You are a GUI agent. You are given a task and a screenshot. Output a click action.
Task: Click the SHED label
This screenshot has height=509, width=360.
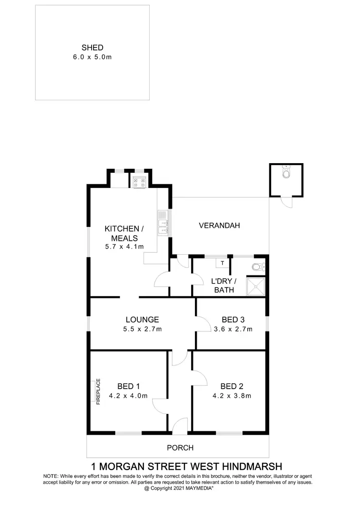(93, 47)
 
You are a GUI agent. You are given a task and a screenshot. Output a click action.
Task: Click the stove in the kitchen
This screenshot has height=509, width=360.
(140, 181)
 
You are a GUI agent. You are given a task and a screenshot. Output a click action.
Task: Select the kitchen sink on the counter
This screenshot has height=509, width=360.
(163, 224)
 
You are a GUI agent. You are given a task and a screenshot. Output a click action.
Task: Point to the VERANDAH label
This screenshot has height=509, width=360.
(219, 225)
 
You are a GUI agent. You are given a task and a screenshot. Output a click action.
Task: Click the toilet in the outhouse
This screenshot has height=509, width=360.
(286, 174)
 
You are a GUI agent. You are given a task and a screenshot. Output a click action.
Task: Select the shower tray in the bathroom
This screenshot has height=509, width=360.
(255, 287)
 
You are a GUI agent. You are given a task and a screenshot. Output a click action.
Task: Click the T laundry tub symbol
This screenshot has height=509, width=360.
(222, 263)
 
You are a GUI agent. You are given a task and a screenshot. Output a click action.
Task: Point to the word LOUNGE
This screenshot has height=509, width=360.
(142, 320)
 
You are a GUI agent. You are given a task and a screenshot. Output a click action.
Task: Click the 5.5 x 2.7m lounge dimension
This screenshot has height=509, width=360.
(142, 329)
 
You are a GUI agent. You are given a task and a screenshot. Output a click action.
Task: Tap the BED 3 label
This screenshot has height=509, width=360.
(232, 320)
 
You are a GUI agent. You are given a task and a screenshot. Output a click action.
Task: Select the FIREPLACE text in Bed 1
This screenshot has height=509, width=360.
(98, 392)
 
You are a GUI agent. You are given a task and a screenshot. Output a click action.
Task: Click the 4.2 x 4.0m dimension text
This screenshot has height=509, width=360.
(128, 396)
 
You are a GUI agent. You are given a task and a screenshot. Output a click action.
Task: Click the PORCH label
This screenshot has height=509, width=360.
(180, 448)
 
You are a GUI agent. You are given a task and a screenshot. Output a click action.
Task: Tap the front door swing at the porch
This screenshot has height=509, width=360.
(180, 425)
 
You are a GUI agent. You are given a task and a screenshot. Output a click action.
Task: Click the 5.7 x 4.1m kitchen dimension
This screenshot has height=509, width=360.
(124, 247)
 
